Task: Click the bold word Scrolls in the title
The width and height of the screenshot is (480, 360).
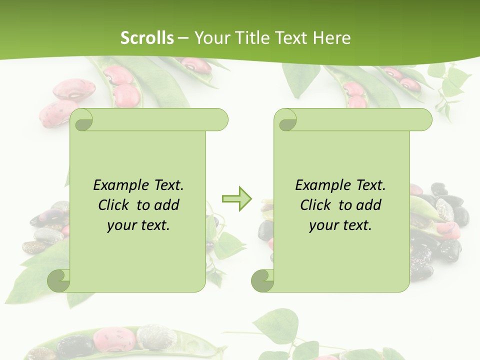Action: (x=147, y=37)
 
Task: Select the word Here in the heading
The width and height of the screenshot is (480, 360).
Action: (x=332, y=37)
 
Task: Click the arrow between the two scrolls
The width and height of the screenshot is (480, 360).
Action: (x=237, y=198)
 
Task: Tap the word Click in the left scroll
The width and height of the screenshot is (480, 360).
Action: (x=115, y=205)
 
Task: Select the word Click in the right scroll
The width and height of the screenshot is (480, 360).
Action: (x=317, y=205)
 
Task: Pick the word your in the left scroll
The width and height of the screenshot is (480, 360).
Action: (x=120, y=225)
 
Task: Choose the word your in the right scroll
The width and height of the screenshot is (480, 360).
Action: (x=322, y=225)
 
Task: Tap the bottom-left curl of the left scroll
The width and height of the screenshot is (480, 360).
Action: (x=59, y=280)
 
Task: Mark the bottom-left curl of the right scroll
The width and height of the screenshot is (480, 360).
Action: (x=262, y=280)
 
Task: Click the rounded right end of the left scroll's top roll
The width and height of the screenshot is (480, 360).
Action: (x=220, y=119)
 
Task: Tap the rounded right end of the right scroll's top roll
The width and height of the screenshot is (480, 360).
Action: (x=424, y=119)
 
